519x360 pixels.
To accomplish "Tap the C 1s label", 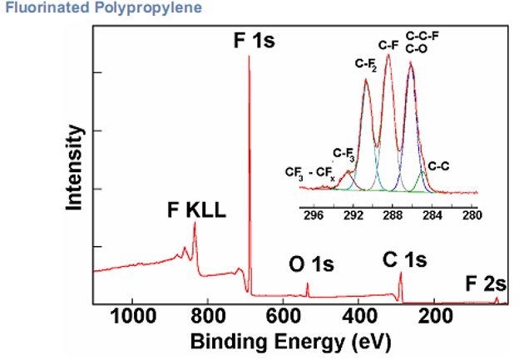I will click(x=404, y=259).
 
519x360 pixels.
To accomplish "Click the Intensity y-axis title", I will click(x=77, y=170).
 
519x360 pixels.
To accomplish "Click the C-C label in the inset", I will click(x=438, y=165).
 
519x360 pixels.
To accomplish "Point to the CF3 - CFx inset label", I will click(x=309, y=174).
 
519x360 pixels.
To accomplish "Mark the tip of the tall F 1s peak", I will click(x=249, y=57).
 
